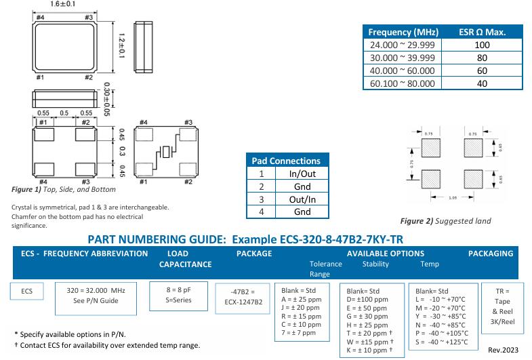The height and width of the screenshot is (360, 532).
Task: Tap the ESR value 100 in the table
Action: [x=483, y=45]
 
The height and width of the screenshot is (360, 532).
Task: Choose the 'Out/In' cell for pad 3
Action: [x=302, y=199]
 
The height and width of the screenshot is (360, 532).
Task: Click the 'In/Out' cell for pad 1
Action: [x=302, y=174]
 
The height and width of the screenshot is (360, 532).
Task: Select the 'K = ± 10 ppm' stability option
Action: [x=369, y=350]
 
